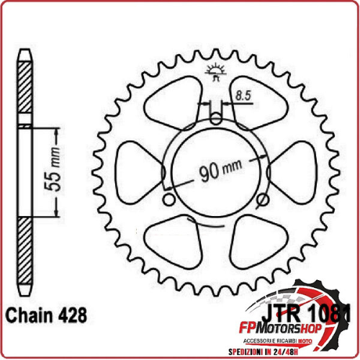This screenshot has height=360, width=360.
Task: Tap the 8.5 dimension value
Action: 243,94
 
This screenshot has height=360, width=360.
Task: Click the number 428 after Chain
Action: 72,315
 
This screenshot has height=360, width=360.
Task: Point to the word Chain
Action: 30,315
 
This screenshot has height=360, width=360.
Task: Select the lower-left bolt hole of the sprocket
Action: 170,199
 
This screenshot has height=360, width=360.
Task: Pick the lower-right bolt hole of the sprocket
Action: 260,199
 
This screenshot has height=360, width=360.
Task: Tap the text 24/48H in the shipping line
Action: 328,351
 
